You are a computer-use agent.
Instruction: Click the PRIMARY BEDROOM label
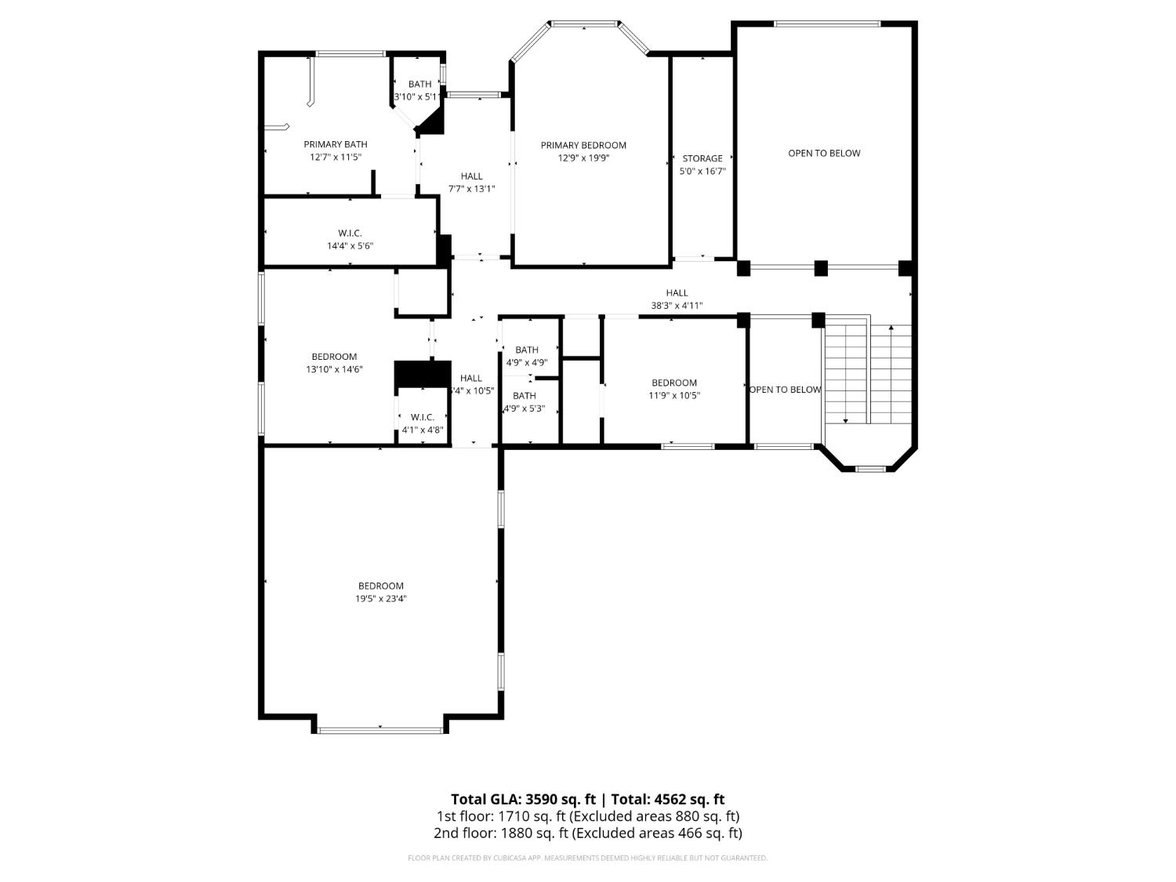coord(583,145)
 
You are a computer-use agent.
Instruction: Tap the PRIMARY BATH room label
coord(336,144)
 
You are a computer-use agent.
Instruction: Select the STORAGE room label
coord(702,158)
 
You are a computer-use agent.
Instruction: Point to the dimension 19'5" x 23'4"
coord(381,599)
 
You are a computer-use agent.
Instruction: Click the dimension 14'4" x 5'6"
coord(350,246)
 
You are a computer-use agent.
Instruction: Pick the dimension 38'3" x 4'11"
coord(677,307)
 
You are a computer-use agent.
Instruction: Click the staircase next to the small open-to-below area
coord(869,372)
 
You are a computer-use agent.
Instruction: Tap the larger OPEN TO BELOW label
coord(824,154)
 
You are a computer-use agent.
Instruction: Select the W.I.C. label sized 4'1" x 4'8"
coord(423,417)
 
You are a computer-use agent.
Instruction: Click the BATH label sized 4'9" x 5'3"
coord(524,396)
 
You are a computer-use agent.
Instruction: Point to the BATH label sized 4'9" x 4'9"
coord(527,350)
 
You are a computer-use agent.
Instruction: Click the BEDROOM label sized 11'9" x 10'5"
coord(673,383)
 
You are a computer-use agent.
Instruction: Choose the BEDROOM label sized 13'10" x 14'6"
coord(334,357)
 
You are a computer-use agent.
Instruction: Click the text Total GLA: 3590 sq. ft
coord(523,800)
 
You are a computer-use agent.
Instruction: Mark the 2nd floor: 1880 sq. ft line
coord(587,833)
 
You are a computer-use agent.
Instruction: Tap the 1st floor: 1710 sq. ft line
coord(587,816)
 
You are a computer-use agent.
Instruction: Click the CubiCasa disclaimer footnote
coord(587,858)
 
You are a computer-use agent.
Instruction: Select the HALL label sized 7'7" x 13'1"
coord(471,176)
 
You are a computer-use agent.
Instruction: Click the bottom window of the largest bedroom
coord(380,731)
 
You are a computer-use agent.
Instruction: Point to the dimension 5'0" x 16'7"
coord(702,171)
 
